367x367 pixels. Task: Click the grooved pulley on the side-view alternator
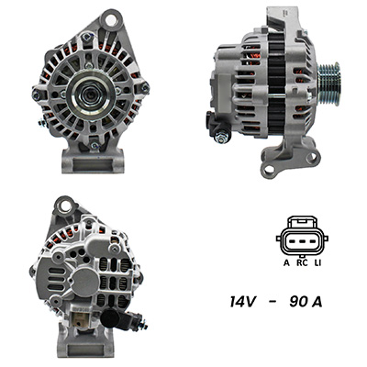tap(328, 83)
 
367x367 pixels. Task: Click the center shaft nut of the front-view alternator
tap(91, 95)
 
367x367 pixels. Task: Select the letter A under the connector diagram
tap(286, 262)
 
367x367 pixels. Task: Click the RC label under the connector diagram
tap(302, 262)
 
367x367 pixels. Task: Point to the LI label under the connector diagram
tap(318, 262)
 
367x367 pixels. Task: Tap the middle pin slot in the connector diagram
tap(302, 241)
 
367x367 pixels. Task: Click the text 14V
tap(242, 302)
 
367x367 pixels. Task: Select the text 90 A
tap(306, 302)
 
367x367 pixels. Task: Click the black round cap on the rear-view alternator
tap(110, 318)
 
